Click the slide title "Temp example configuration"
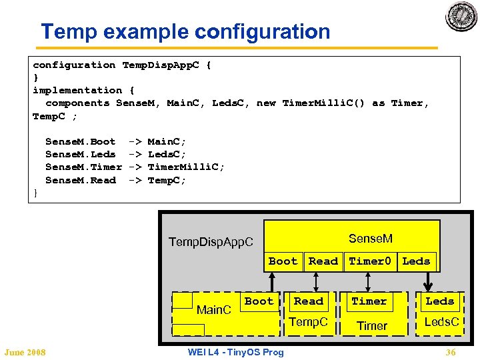coord(185,31)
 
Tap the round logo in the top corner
coord(462,16)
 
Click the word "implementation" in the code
coord(77,90)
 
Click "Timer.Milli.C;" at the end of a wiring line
coord(186,167)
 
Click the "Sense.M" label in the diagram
coord(371,238)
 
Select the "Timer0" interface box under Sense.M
coord(370,261)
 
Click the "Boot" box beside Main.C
coord(259,301)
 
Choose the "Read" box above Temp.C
coord(309,301)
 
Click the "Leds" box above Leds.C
coord(439,301)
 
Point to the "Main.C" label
coord(213,310)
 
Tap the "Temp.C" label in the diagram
coord(308,323)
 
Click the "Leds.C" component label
coord(442,323)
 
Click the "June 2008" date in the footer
coord(24,352)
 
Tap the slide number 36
coord(451,352)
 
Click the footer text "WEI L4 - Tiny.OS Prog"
coord(235,352)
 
